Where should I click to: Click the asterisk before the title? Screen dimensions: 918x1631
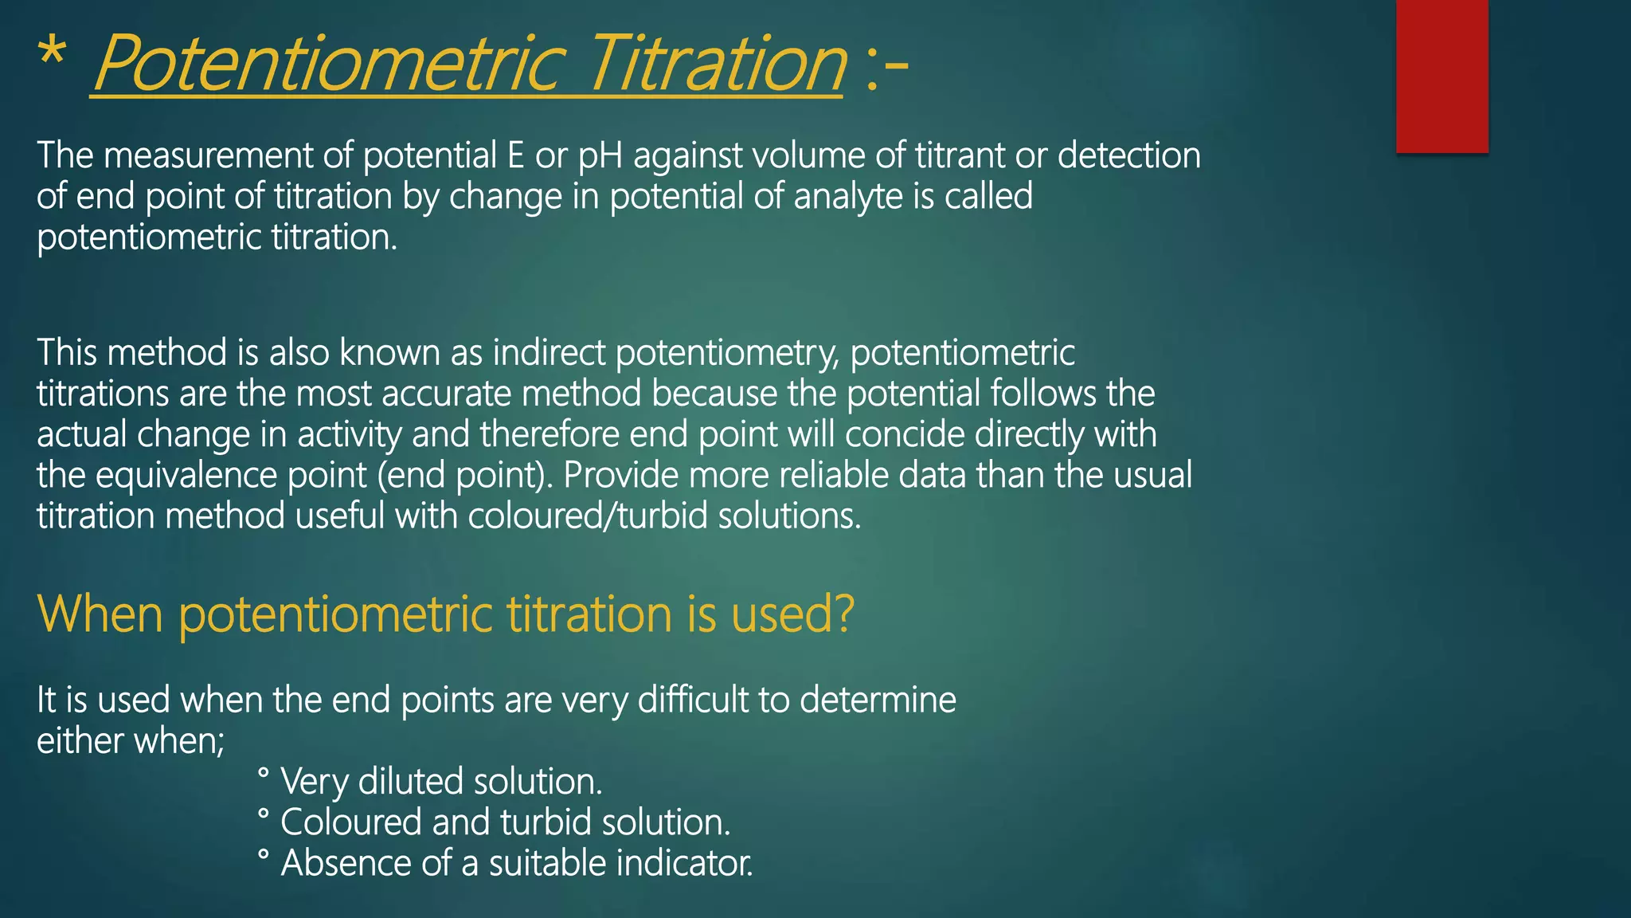click(x=52, y=54)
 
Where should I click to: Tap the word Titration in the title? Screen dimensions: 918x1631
click(x=717, y=64)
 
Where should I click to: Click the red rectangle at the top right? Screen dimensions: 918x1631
click(x=1441, y=76)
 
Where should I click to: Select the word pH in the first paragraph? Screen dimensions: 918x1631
click(x=600, y=156)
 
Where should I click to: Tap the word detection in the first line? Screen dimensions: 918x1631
click(x=1128, y=156)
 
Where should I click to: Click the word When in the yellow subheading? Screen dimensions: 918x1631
click(x=100, y=614)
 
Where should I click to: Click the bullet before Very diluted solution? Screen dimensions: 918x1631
click(x=264, y=773)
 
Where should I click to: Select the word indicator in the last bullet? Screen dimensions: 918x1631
click(x=684, y=864)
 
